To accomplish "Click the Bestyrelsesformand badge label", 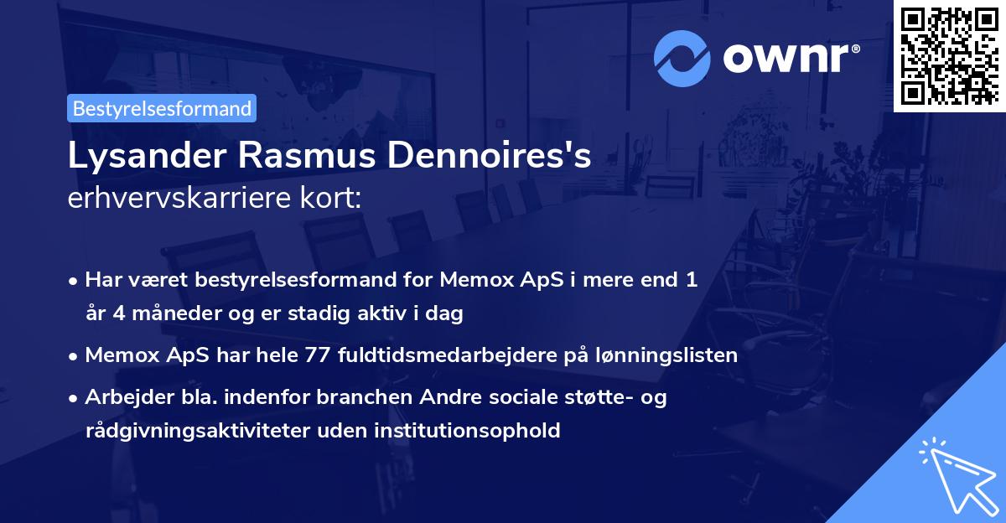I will point(162,108).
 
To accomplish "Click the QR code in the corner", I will point(950,55).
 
